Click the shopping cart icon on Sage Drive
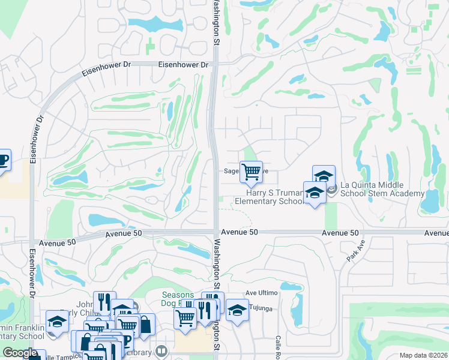coord(251,172)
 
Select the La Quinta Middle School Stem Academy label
coord(382,189)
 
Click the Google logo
coord(20,353)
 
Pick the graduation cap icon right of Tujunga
coord(237,311)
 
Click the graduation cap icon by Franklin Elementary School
coord(57,322)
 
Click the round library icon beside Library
coord(160,350)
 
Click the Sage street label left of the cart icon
coord(231,170)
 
